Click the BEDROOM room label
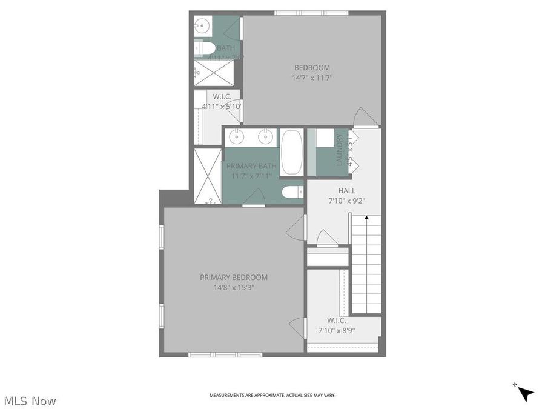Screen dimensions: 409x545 pos(312,67)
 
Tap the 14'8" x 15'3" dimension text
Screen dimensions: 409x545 pos(233,288)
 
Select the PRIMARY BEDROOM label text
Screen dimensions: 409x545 pos(233,278)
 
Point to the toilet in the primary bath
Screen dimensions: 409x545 pos(293,192)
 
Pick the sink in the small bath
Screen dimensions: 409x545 pos(202,25)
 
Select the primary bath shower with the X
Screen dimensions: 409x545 pos(208,175)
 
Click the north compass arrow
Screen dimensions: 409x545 pos(525,393)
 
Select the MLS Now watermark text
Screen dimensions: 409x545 pos(30,401)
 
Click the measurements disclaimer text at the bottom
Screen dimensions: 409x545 pos(272,395)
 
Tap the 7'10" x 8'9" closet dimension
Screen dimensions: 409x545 pos(336,331)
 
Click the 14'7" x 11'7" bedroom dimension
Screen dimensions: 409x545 pos(312,78)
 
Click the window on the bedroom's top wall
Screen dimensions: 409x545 pos(310,13)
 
